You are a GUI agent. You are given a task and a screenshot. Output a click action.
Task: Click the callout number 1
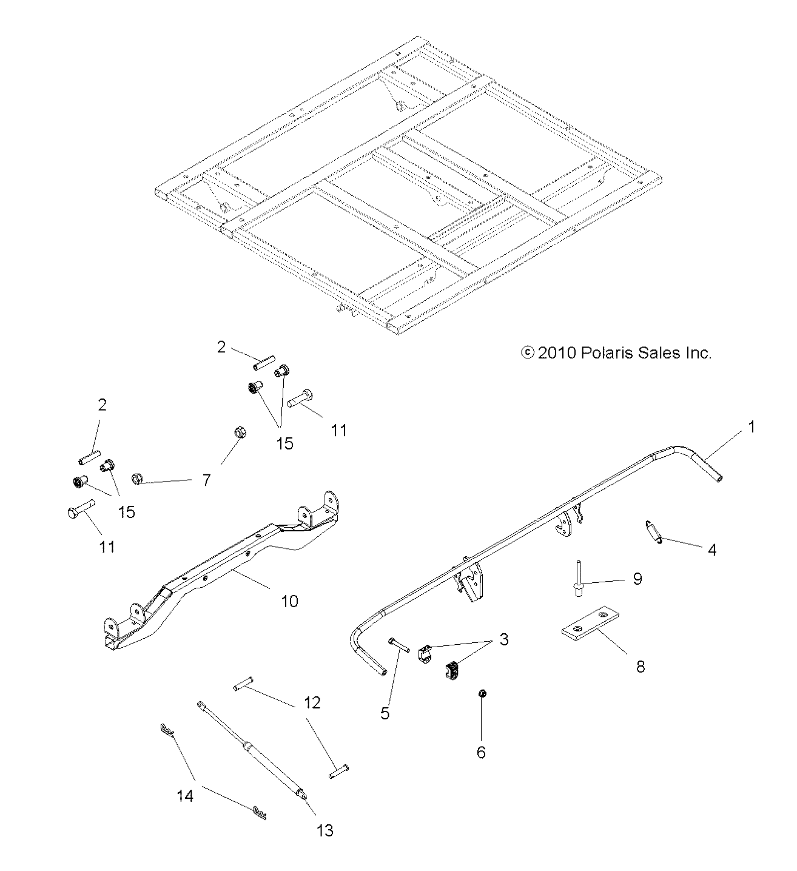pos(752,427)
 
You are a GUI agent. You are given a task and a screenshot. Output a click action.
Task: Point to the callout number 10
pos(289,601)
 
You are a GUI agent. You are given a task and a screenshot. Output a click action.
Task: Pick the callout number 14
pos(185,795)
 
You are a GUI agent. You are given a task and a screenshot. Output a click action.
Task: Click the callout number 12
pos(312,703)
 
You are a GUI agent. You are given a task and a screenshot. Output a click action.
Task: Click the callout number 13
pos(325,830)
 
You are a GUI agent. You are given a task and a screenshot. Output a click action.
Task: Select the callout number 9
pos(637,578)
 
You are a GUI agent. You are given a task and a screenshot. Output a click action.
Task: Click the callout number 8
pos(639,667)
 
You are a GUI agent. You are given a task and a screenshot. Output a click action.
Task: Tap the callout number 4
pos(712,550)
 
